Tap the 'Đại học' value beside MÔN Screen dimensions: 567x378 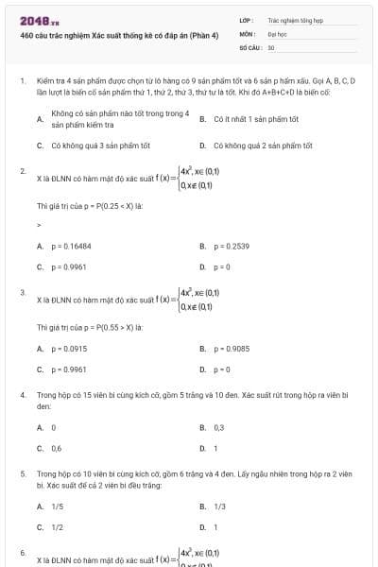277,32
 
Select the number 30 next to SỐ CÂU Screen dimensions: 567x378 271,46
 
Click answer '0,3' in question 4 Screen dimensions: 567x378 218,427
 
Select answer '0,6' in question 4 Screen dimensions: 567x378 57,448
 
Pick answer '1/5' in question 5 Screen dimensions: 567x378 58,507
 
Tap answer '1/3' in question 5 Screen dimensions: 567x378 219,507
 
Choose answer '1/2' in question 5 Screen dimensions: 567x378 58,527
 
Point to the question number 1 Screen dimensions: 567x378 23,82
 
